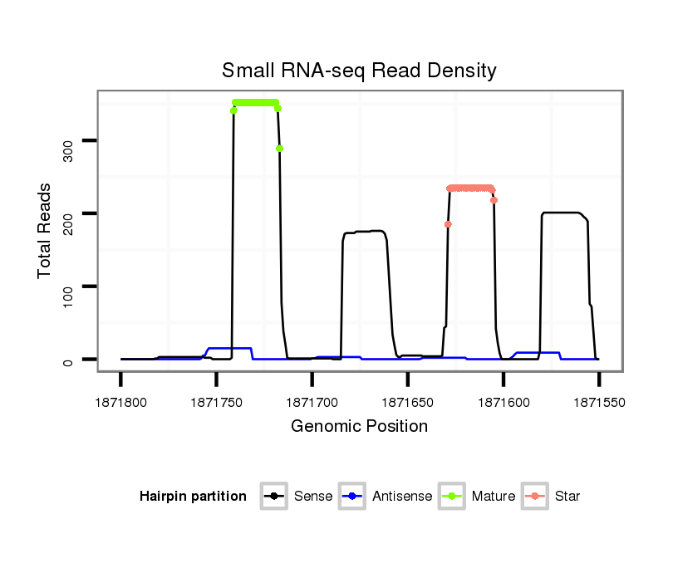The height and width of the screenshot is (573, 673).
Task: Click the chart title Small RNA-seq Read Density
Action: coord(359,71)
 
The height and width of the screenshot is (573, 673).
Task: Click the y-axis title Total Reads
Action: coord(47,231)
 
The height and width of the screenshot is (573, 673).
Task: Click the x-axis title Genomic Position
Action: coord(359,427)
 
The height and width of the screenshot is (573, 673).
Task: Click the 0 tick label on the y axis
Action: coord(68,362)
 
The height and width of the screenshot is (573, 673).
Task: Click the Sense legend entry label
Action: coord(313,497)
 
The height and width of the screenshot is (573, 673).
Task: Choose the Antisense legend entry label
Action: coord(402,497)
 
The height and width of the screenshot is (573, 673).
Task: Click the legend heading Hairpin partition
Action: coord(193,497)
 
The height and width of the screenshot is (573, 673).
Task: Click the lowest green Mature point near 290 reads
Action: coord(280,149)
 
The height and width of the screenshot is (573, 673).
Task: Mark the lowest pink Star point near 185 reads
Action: coord(448,224)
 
